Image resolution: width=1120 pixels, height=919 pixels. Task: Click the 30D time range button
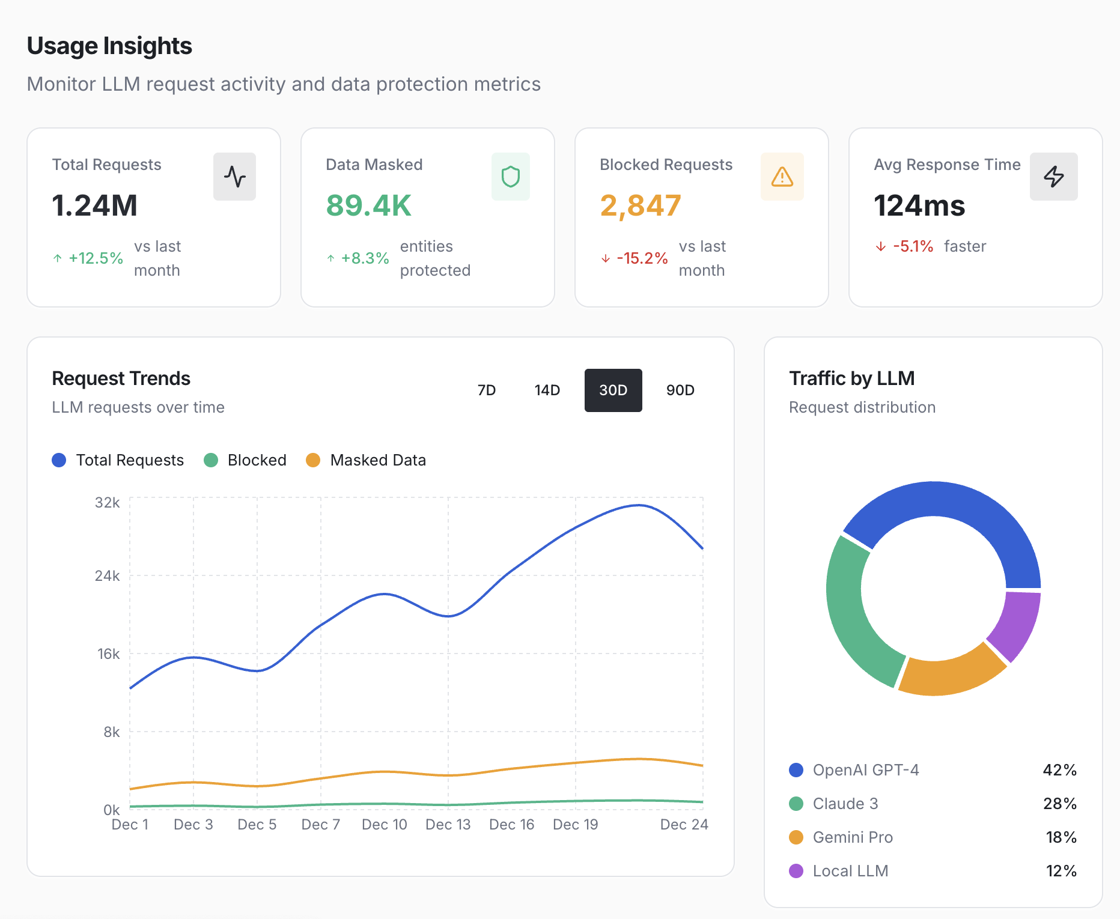tap(613, 390)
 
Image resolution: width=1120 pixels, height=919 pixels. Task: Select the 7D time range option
tap(486, 390)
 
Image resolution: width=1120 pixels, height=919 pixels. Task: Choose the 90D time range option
tap(680, 390)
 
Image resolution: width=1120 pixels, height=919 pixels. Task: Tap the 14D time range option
tap(547, 390)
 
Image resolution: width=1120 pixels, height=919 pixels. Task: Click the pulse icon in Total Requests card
tap(234, 177)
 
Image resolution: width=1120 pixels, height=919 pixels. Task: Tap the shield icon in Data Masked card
tap(510, 177)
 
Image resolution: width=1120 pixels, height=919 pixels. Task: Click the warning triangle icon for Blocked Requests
tap(782, 177)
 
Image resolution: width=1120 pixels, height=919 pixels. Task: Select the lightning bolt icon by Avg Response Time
tap(1053, 177)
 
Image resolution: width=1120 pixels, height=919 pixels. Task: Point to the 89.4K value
tap(368, 205)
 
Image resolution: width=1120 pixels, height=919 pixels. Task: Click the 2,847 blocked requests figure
tap(641, 205)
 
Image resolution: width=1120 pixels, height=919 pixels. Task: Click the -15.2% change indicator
tap(641, 258)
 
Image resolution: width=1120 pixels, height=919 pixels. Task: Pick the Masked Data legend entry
tap(367, 460)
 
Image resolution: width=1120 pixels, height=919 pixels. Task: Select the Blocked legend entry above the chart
tap(245, 460)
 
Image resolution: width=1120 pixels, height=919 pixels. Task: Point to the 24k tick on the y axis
tap(107, 576)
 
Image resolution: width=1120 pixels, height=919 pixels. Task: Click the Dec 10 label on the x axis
tap(384, 825)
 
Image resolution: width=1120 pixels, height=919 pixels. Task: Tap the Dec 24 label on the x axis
tap(684, 825)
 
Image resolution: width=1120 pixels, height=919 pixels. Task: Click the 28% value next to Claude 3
tap(1059, 804)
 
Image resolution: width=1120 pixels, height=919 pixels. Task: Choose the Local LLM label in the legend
tap(850, 871)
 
